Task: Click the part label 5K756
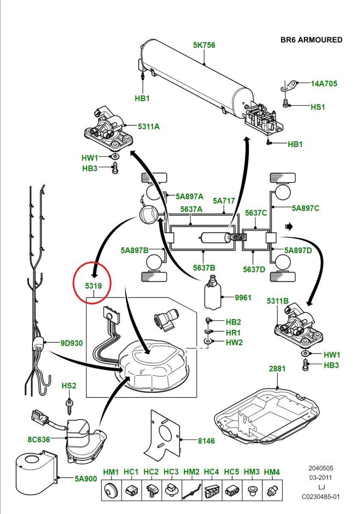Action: pyautogui.click(x=204, y=45)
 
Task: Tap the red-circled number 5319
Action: pyautogui.click(x=93, y=285)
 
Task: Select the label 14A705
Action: pyautogui.click(x=323, y=84)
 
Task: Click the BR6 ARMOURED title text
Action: pyautogui.click(x=311, y=40)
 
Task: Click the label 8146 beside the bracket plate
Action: pyautogui.click(x=206, y=441)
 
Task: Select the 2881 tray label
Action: pyautogui.click(x=277, y=368)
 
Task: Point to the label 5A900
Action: pyautogui.click(x=86, y=479)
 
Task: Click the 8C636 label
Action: pyautogui.click(x=39, y=439)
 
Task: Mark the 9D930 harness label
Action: pyautogui.click(x=71, y=343)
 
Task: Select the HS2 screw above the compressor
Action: pyautogui.click(x=68, y=404)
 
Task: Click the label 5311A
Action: pyautogui.click(x=148, y=126)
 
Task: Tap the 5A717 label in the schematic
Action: pyautogui.click(x=224, y=200)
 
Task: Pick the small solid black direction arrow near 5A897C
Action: pyautogui.click(x=289, y=225)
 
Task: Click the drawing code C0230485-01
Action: pyautogui.click(x=320, y=496)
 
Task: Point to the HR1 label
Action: pyautogui.click(x=233, y=332)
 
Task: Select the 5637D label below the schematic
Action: pyautogui.click(x=254, y=269)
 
